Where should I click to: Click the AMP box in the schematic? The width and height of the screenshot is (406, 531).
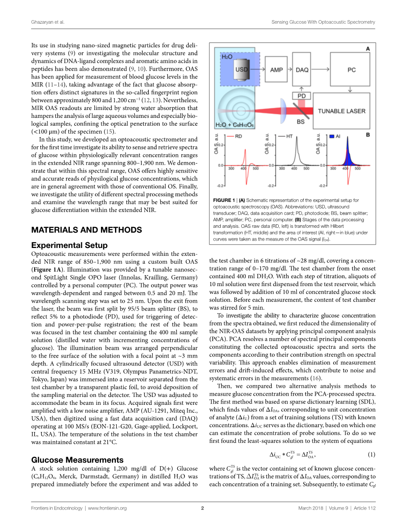coord(276,70)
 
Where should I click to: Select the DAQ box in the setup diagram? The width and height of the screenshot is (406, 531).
coord(302,70)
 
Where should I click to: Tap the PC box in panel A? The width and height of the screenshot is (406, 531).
coord(351,70)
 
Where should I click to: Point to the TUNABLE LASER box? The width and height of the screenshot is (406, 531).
coord(341,111)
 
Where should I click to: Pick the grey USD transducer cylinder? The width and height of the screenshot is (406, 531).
coord(240,71)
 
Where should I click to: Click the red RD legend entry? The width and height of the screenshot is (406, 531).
coord(235,136)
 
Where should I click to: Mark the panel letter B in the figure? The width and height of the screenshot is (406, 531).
coord(368,135)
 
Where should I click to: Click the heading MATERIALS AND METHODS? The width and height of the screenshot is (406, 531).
coord(86,230)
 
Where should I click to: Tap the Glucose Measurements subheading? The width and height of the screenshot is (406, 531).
coord(77,460)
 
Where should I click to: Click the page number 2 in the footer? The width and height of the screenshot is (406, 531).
coord(203,508)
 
